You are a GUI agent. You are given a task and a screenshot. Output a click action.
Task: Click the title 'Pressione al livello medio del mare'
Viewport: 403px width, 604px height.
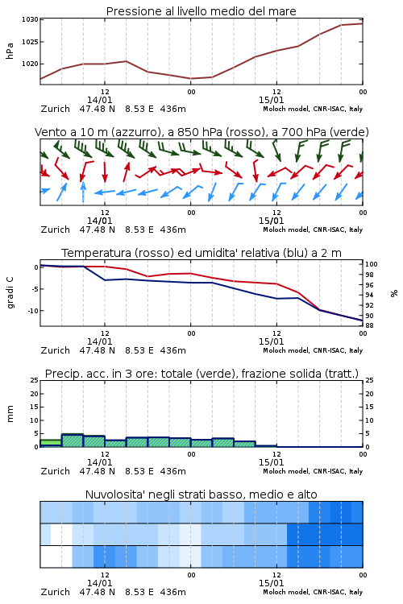coord(201,11)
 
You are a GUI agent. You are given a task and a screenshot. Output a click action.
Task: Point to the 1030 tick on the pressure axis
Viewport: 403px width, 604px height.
coord(30,19)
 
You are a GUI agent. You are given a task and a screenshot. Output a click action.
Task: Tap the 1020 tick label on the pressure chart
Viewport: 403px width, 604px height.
coord(30,64)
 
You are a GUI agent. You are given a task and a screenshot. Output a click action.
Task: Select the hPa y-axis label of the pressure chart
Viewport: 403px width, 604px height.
coord(10,51)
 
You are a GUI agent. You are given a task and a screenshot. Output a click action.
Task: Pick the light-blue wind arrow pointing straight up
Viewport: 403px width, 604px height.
coord(83,192)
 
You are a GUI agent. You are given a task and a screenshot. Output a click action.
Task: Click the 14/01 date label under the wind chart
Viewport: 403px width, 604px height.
coord(99,221)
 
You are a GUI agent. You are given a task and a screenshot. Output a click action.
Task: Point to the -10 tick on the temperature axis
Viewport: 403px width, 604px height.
coord(32,311)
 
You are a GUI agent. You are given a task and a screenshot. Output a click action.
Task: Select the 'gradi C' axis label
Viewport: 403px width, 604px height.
coord(10,293)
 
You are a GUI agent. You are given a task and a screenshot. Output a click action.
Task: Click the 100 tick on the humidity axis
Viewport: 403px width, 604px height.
coord(371,264)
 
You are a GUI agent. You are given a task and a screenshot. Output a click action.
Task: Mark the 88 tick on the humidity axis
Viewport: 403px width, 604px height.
coord(369,325)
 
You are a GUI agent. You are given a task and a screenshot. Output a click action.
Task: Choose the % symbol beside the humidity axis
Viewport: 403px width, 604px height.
coord(394,293)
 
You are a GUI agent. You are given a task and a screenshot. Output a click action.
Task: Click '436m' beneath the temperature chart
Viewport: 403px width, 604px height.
coord(172,350)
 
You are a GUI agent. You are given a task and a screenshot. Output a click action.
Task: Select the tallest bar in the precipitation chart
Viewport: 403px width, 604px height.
coord(73,441)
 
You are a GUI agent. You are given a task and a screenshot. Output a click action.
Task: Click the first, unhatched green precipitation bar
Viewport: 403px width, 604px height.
coord(51,443)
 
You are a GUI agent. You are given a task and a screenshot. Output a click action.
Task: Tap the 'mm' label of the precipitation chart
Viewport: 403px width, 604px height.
coord(10,414)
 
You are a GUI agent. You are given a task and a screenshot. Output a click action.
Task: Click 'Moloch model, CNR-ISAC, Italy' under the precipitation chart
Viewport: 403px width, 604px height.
coord(313,471)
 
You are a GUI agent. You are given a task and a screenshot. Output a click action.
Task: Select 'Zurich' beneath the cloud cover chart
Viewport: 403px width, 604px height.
coord(55,592)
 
